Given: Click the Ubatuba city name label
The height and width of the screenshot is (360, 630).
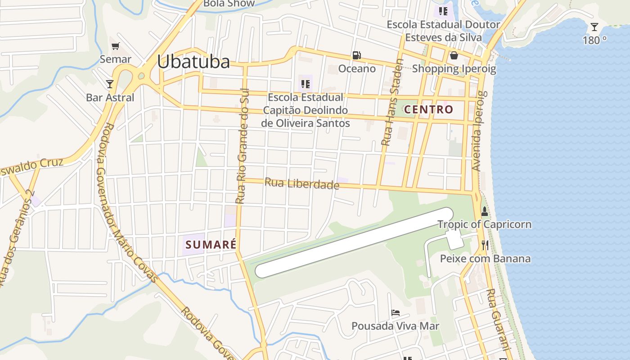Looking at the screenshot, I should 193,62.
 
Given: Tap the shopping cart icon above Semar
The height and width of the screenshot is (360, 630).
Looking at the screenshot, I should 116,46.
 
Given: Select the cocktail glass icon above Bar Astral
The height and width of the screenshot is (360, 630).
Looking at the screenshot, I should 109,84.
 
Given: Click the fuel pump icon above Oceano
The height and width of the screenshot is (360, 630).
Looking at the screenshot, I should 356,55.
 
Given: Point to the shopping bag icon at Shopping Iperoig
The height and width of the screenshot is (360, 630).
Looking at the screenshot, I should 454,55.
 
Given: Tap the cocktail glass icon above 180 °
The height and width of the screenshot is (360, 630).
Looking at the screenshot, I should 594,27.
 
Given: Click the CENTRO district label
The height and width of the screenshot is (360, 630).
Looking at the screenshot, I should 428,109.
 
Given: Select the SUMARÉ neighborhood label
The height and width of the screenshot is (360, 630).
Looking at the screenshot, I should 211,245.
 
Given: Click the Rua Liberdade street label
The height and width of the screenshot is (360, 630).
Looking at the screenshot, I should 301,184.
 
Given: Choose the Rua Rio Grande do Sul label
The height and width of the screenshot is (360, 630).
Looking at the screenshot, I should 242,148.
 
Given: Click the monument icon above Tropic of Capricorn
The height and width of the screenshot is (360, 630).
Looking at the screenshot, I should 485,211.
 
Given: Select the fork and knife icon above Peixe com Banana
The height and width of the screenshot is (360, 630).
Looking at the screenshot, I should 485,245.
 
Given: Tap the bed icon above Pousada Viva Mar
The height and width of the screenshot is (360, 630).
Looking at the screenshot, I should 396,312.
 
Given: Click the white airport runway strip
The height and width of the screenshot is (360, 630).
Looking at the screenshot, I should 354,243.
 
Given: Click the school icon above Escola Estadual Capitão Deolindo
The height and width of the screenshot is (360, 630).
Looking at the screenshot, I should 306,84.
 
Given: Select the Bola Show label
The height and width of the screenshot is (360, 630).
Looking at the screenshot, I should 229,4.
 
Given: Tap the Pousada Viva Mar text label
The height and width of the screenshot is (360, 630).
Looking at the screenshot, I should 395,326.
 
